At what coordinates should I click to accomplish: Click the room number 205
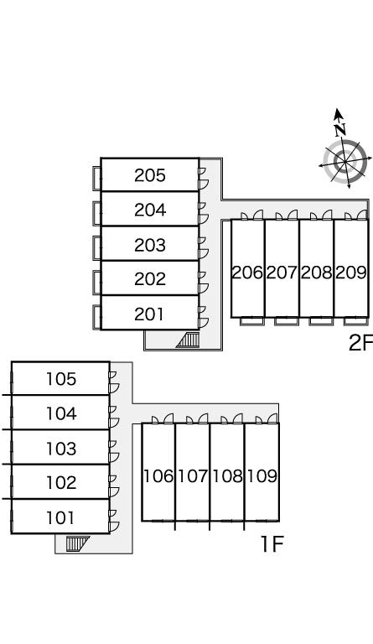(x=150, y=175)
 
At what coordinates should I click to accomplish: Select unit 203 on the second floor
(x=150, y=245)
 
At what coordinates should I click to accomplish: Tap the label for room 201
(x=149, y=314)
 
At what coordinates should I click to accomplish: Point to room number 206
(x=247, y=273)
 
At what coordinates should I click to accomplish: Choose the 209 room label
(x=351, y=273)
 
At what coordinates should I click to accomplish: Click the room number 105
(x=60, y=379)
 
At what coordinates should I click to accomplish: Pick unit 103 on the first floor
(x=60, y=449)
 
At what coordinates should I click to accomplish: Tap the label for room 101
(x=60, y=518)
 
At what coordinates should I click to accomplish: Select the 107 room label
(x=193, y=476)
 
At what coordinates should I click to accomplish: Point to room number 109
(x=262, y=476)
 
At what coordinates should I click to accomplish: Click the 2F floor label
(x=360, y=343)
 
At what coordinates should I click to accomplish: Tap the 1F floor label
(x=272, y=544)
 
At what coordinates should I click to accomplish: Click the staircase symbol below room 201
(x=188, y=340)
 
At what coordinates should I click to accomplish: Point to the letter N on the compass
(x=339, y=130)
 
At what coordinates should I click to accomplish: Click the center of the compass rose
(x=345, y=161)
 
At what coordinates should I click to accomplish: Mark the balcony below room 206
(x=251, y=321)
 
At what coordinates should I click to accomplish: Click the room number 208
(x=316, y=273)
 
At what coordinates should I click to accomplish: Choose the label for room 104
(x=60, y=413)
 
